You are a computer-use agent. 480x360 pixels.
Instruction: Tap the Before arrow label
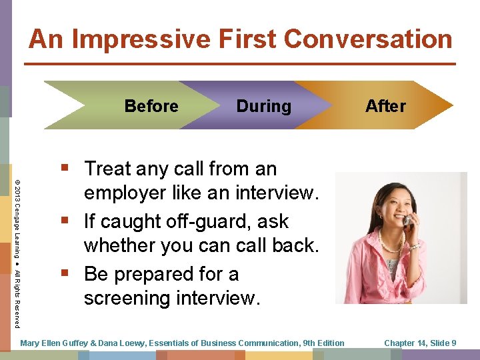pyautogui.click(x=151, y=107)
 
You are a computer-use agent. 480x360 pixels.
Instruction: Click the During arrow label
pyautogui.click(x=263, y=107)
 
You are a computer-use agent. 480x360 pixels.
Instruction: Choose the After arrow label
pyautogui.click(x=385, y=107)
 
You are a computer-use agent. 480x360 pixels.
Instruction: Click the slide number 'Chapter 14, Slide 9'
pyautogui.click(x=420, y=343)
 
